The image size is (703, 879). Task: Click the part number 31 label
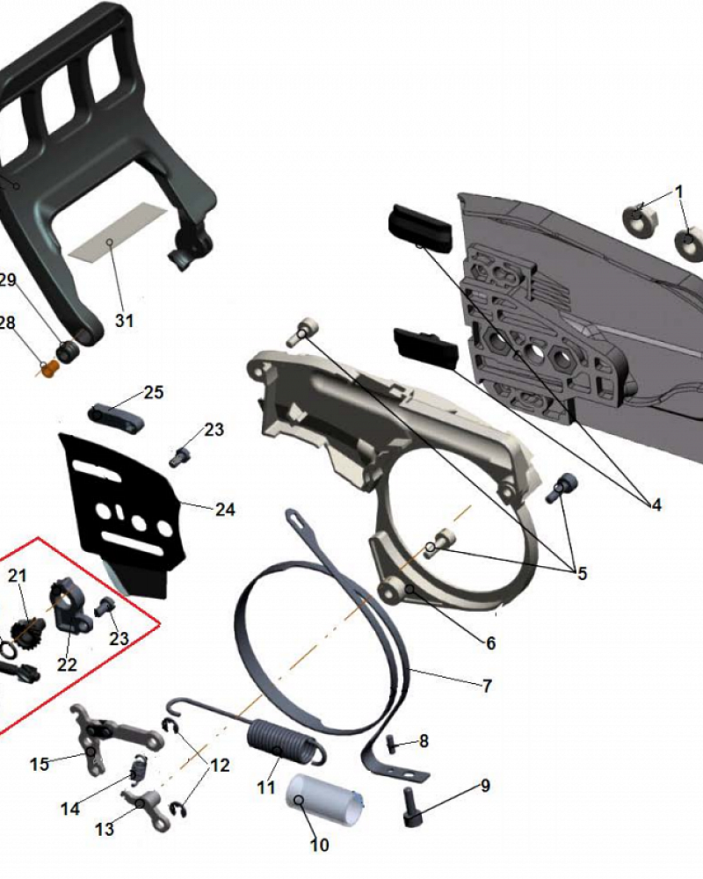coord(125,321)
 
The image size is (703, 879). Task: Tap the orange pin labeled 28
coord(50,368)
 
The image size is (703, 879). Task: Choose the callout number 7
coord(487,685)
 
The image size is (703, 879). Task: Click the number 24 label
coord(225,510)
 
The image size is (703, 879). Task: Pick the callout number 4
coord(656,505)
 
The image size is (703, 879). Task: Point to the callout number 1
coord(679,193)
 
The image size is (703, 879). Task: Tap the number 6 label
coord(490,643)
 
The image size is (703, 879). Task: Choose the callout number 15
coord(40,764)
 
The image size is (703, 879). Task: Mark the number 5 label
coord(582,573)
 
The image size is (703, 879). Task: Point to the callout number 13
coord(105,829)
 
